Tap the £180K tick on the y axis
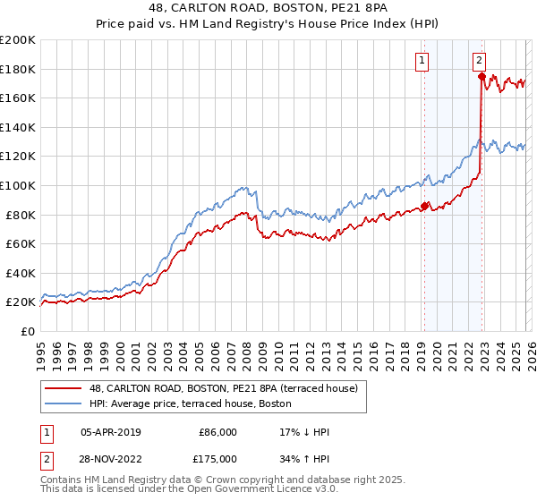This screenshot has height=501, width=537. coord(18,68)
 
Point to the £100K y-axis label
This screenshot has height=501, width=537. coord(18,185)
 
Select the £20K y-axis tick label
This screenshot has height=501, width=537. coord(21,302)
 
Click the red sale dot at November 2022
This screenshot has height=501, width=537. coord(482,76)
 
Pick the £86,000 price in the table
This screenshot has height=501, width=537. coord(217,432)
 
